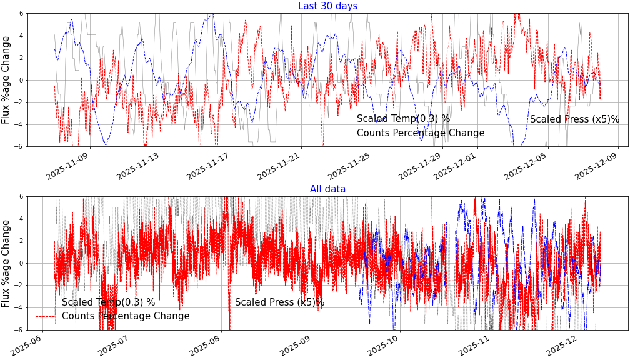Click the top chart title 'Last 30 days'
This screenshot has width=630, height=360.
(327, 6)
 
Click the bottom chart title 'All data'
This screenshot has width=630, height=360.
(327, 189)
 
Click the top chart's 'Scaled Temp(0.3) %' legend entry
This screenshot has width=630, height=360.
(403, 119)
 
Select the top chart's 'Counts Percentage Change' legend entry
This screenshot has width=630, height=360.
(420, 133)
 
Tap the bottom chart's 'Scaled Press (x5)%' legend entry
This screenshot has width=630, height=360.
(279, 302)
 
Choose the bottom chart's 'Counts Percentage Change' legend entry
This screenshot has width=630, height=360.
(125, 316)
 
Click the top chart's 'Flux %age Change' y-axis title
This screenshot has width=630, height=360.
(6, 79)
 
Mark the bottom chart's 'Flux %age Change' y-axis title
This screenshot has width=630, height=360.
(6, 262)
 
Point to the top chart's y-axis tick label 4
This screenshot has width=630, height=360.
(21, 36)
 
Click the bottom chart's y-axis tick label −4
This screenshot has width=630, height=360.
(19, 307)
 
